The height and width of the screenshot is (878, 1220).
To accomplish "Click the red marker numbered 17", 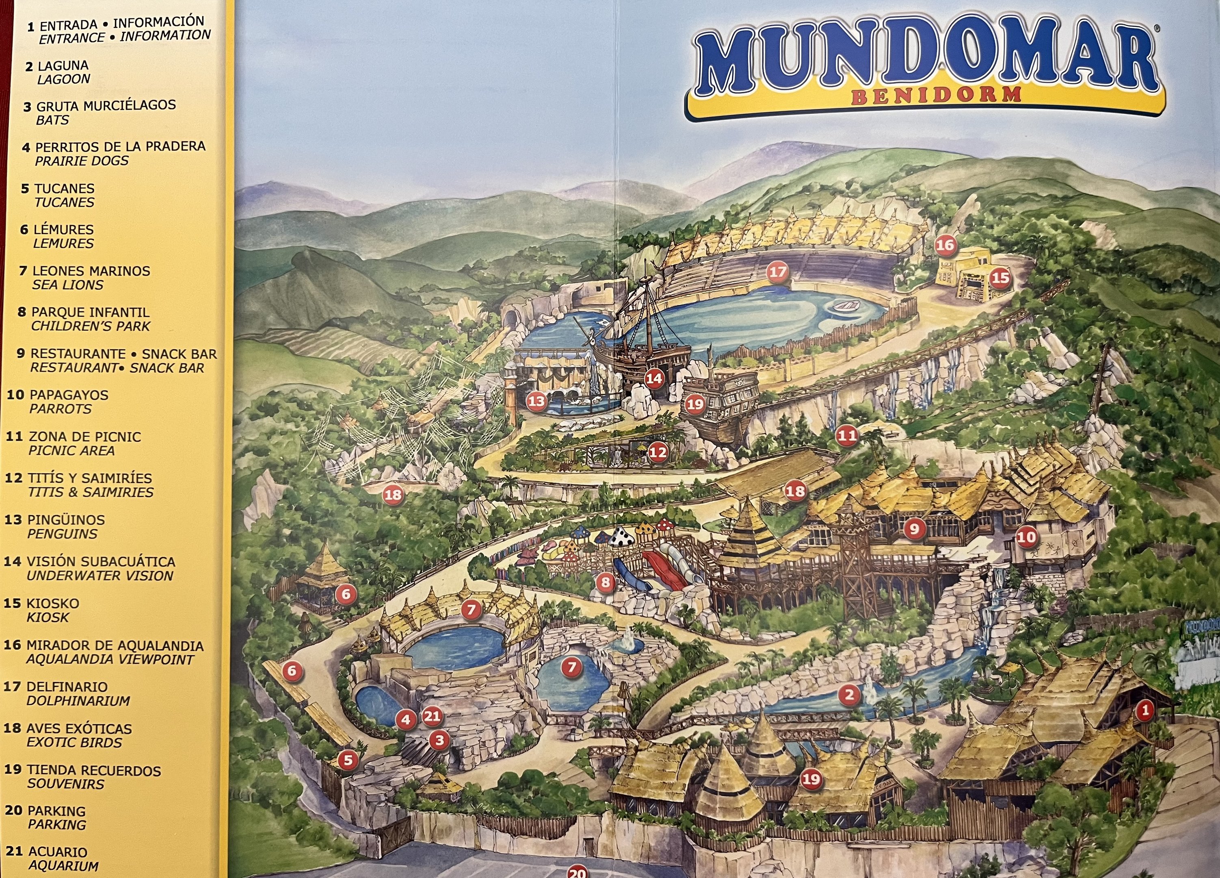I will coord(777,272).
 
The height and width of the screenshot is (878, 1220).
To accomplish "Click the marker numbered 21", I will coord(432,717).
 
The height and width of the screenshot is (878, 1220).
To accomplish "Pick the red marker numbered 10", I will coord(1026,537).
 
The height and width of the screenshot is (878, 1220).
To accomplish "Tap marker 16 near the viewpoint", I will coord(945,246).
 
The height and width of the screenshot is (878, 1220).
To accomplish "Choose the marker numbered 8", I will coord(606,582).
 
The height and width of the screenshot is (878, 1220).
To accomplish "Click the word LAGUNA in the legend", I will coord(63,66).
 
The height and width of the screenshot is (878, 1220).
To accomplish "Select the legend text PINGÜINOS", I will coord(66,520).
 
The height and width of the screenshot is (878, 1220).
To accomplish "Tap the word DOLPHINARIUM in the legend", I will coord(78,701).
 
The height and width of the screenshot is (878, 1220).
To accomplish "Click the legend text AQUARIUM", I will coord(63,866).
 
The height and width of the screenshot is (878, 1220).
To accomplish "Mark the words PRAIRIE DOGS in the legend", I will coord(81,161).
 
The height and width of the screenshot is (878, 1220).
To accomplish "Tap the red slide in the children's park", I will coord(666,571).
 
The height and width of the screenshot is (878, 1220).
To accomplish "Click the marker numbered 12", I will coord(658,452).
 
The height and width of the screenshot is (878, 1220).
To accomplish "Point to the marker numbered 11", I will coord(847,435).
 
